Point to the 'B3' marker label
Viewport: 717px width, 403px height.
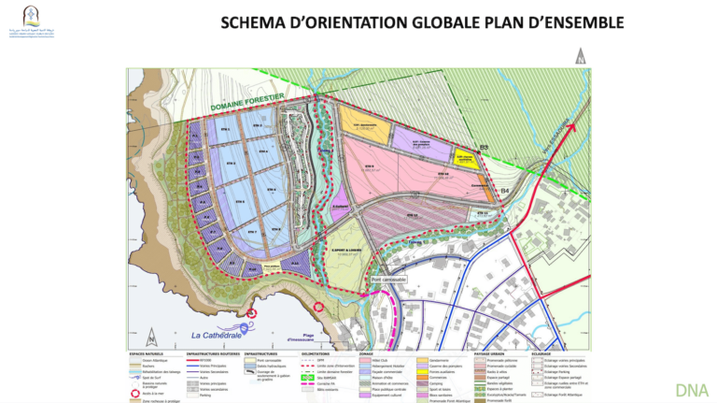pos(484,147)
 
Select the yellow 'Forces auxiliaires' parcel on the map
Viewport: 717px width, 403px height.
pos(466,159)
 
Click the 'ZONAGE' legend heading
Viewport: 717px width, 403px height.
pos(366,354)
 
